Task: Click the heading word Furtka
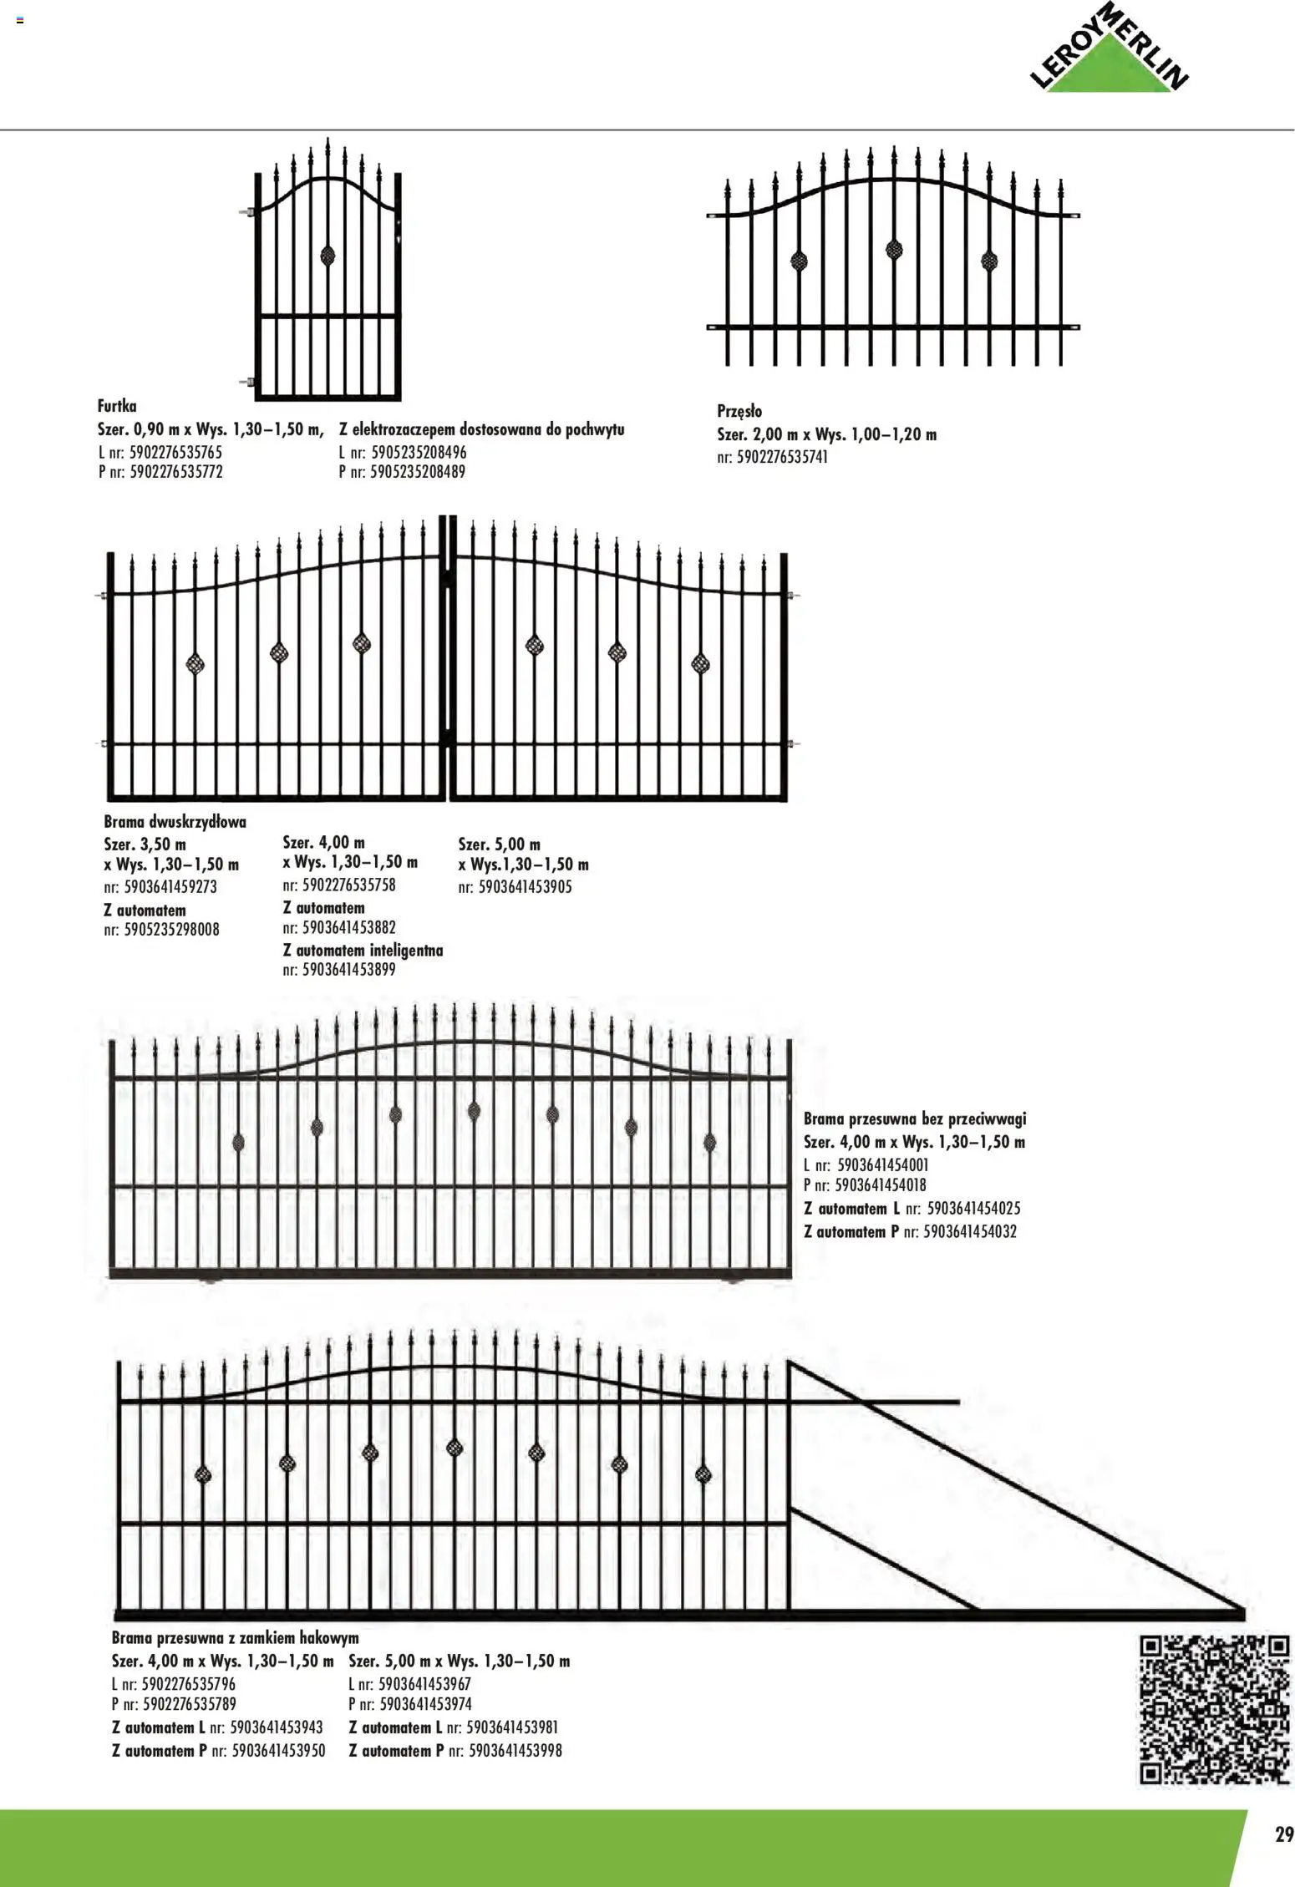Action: click(117, 407)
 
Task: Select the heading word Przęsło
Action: click(739, 411)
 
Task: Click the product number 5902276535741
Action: click(782, 458)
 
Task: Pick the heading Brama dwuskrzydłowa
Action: click(175, 822)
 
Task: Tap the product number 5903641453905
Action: click(525, 887)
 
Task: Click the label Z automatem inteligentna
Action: click(363, 951)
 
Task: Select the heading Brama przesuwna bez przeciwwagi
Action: click(915, 1119)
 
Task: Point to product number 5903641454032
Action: click(970, 1231)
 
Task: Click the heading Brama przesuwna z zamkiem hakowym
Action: click(235, 1637)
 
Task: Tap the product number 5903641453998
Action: click(515, 1750)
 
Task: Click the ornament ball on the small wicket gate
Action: click(328, 255)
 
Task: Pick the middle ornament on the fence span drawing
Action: click(894, 248)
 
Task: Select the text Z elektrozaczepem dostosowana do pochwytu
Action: click(482, 430)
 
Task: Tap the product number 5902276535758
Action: click(349, 885)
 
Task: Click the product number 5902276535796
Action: click(189, 1684)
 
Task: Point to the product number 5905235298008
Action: click(171, 930)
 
